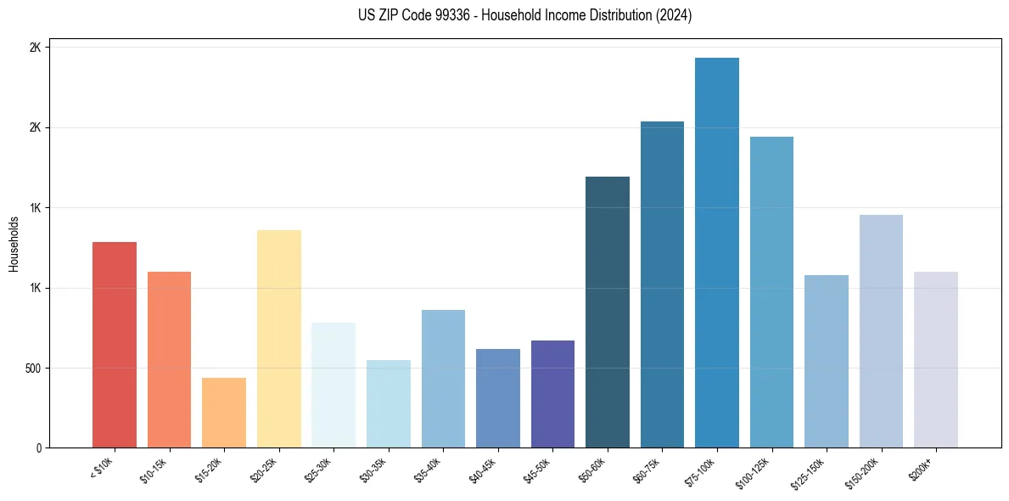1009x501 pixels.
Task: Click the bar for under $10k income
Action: (x=115, y=345)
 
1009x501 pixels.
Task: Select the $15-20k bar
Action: (x=224, y=413)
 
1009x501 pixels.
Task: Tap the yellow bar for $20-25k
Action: (x=278, y=339)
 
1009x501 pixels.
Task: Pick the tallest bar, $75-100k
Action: (x=716, y=252)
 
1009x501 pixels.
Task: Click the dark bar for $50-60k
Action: (x=608, y=312)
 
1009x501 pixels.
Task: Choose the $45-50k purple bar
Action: (x=552, y=394)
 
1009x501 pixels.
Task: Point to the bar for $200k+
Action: (x=935, y=359)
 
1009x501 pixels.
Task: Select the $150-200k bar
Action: (x=881, y=331)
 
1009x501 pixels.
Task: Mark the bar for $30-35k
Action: (x=388, y=403)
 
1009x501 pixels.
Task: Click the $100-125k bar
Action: (x=771, y=292)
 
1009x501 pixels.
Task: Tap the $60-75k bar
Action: (x=662, y=284)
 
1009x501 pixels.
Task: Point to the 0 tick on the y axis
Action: (x=37, y=448)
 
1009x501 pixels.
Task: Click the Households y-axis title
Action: (x=14, y=244)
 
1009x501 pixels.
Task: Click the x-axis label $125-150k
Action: (x=810, y=471)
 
